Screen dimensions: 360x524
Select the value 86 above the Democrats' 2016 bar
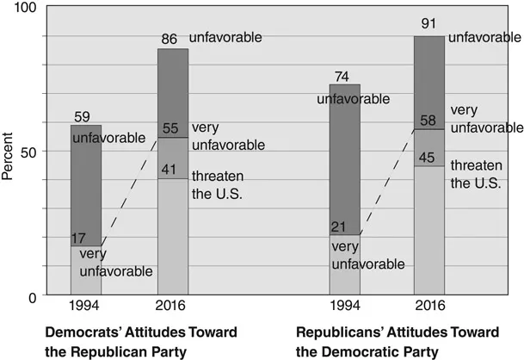click(x=172, y=38)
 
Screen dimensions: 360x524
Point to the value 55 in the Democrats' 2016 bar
click(x=172, y=128)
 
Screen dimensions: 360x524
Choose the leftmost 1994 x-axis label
click(x=86, y=307)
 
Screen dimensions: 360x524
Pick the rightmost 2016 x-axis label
click(x=429, y=307)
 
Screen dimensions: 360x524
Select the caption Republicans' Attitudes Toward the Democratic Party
click(x=378, y=341)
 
